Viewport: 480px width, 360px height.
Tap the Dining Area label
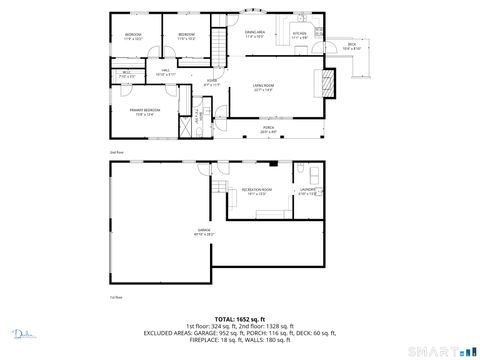255,34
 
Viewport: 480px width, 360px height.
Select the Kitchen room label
299,35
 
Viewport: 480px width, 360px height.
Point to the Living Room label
263,88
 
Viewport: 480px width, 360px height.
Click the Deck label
352,45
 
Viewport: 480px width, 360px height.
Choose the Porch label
269,129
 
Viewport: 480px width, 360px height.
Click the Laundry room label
309,191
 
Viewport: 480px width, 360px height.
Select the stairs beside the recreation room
217,187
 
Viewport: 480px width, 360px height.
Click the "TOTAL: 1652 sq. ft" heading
239,316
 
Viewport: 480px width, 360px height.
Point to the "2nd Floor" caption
116,151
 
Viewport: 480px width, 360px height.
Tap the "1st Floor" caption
116,297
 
